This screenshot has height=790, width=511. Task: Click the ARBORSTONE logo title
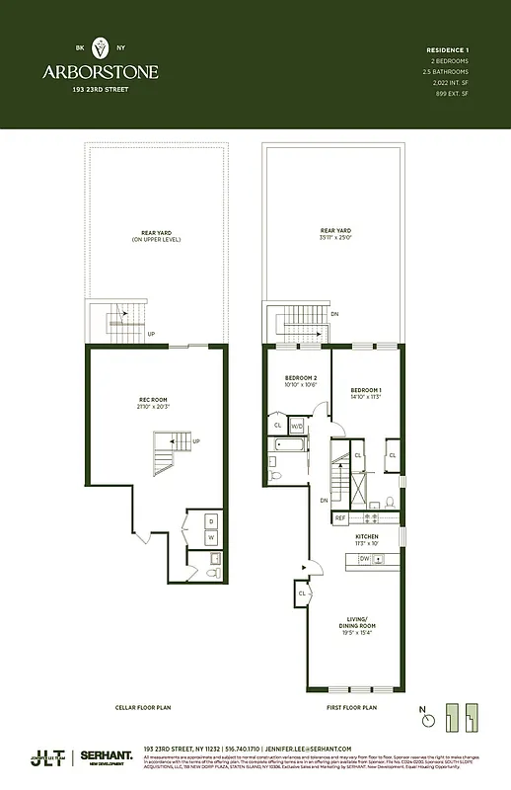100,71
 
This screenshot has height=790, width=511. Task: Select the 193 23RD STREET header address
100,89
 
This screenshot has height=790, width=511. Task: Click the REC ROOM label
153,400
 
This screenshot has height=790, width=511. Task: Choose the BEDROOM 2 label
301,379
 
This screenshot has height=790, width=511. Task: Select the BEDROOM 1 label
366,391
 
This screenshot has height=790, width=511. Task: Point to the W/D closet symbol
297,426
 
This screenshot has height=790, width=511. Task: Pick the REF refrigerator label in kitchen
340,517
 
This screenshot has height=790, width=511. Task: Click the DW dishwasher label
364,560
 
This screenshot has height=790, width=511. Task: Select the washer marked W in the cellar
211,537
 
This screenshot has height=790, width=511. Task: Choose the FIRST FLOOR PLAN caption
352,708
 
